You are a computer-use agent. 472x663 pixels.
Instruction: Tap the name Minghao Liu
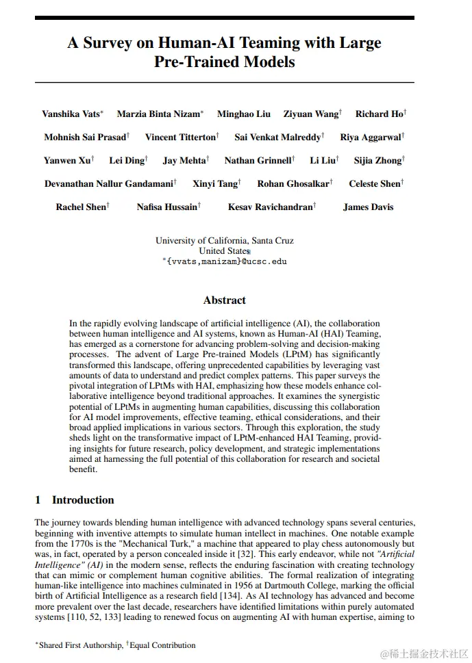pyautogui.click(x=244, y=114)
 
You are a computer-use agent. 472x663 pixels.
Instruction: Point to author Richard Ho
pyautogui.click(x=380, y=114)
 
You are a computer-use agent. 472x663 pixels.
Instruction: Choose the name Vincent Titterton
pyautogui.click(x=181, y=137)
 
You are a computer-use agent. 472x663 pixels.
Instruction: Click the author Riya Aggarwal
pyautogui.click(x=371, y=137)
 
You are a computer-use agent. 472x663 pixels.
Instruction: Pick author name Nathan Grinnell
pyautogui.click(x=258, y=161)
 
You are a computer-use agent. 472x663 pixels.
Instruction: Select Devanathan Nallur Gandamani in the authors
pyautogui.click(x=109, y=183)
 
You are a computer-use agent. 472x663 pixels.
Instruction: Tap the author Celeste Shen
pyautogui.click(x=374, y=183)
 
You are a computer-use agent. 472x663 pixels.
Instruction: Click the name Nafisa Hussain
pyautogui.click(x=167, y=207)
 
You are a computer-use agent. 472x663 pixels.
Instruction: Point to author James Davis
pyautogui.click(x=368, y=207)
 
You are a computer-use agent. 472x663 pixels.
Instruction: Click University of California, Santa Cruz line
pyautogui.click(x=224, y=241)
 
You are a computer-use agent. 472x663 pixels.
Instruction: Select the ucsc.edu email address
pyautogui.click(x=226, y=261)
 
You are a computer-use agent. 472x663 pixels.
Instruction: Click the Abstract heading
pyautogui.click(x=224, y=300)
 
